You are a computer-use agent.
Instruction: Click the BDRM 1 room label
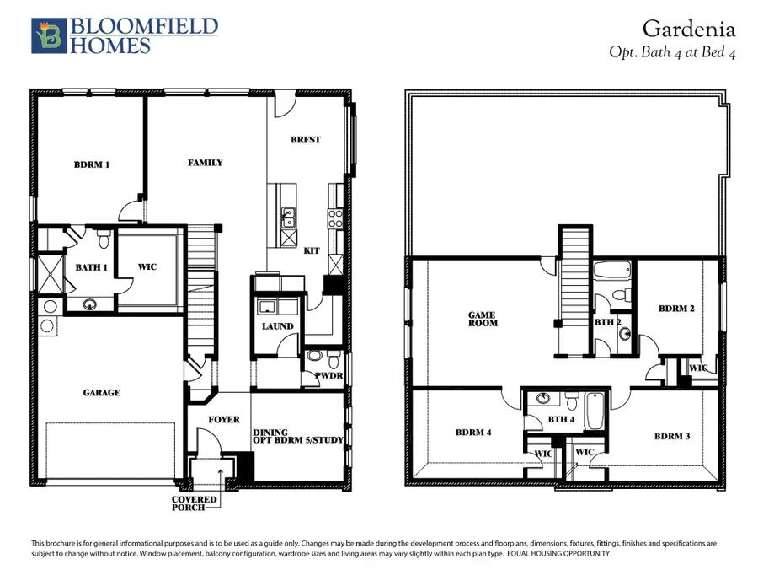pos(92,164)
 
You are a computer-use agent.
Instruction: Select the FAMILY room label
pos(206,162)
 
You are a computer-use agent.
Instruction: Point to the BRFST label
pos(306,140)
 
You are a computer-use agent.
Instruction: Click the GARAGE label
pos(101,392)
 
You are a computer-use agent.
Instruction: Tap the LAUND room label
pos(278,326)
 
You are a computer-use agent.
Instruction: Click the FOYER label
pos(223,419)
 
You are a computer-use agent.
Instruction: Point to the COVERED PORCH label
pos(195,503)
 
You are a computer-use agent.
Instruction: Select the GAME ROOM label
pos(483,319)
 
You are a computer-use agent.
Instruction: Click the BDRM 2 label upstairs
pos(676,309)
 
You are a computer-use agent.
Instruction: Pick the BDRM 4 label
pos(473,433)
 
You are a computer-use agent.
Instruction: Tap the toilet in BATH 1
pos(103,241)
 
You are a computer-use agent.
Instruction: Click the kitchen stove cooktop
pos(336,218)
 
